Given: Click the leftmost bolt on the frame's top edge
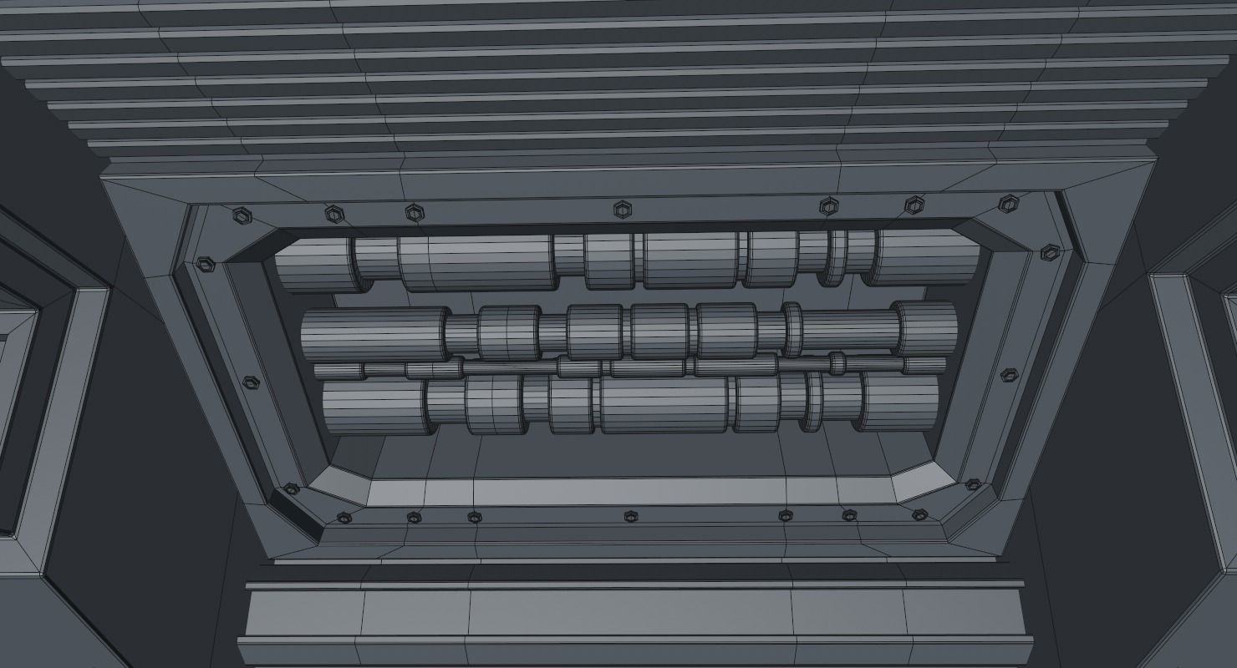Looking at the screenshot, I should [242, 215].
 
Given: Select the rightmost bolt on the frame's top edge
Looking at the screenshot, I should [1009, 203].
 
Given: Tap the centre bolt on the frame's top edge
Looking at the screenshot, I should [621, 209].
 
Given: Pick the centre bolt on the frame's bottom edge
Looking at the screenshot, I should [630, 517].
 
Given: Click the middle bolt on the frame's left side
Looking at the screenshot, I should [250, 382].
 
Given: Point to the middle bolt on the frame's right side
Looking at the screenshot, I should [1009, 374].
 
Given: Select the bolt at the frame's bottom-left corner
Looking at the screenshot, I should [291, 488].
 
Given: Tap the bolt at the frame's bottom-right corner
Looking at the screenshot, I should [972, 484].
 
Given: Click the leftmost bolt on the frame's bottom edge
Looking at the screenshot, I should [344, 519].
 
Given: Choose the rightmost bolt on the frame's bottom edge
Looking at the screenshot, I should [919, 514].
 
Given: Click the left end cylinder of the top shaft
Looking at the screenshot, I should [313, 266].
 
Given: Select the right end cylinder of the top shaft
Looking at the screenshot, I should [928, 257].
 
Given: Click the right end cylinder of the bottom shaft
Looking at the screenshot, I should [901, 401].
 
